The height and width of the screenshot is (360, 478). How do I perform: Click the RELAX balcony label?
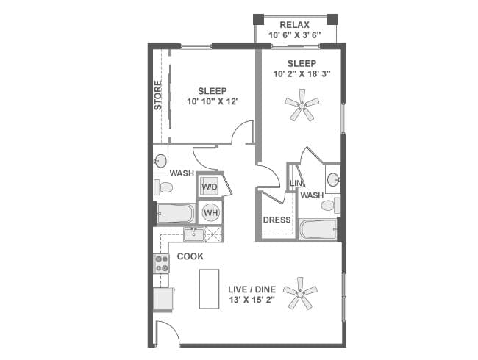[x=294, y=24]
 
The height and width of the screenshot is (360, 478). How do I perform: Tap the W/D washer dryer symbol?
[x=210, y=186]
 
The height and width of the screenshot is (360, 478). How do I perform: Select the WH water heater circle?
[x=210, y=212]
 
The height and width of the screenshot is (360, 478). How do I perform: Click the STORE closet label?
[x=158, y=96]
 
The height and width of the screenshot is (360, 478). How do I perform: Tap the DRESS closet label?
[x=277, y=220]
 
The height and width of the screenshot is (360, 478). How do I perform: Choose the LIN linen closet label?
[x=296, y=183]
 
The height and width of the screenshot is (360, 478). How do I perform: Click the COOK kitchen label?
[x=190, y=256]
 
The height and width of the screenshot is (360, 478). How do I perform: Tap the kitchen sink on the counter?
[x=194, y=234]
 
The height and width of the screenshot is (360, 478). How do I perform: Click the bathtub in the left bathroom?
[x=174, y=214]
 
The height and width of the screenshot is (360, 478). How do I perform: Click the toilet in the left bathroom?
[x=163, y=188]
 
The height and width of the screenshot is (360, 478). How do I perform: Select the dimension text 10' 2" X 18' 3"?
[x=301, y=74]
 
